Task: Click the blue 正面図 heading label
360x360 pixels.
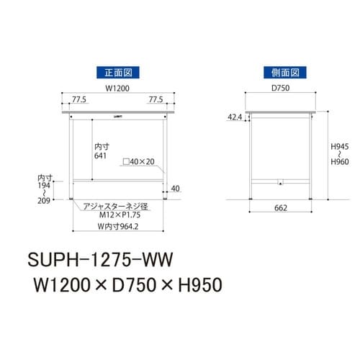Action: pyautogui.click(x=117, y=73)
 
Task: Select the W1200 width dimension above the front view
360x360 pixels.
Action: pyautogui.click(x=117, y=89)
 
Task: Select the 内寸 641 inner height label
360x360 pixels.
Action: pyautogui.click(x=102, y=150)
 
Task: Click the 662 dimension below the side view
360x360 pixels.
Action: pyautogui.click(x=282, y=209)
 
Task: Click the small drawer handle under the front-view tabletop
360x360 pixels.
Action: pyautogui.click(x=117, y=116)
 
